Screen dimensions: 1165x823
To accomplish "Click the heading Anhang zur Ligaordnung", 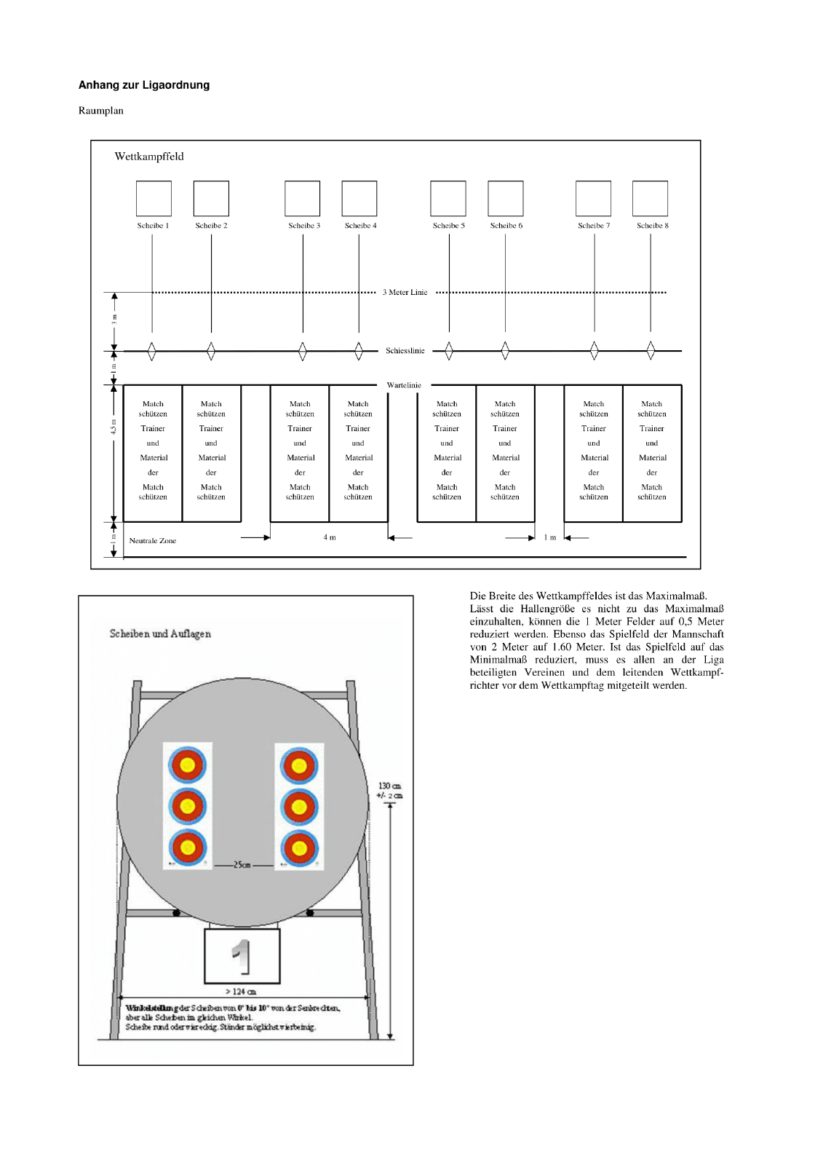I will [144, 85].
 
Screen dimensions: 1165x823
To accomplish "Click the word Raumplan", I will [101, 111].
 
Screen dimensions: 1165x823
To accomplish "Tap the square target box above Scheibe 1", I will [154, 198].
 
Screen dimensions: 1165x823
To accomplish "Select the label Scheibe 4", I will [360, 226].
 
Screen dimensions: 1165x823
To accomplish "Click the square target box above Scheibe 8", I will [650, 198].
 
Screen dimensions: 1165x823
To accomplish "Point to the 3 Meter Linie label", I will [405, 293].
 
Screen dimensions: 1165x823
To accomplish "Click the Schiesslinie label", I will [405, 351].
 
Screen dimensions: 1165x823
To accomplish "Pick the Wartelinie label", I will [404, 385].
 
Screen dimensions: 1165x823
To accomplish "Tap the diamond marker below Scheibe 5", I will [449, 351].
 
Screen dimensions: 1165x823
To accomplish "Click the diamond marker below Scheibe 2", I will [211, 351].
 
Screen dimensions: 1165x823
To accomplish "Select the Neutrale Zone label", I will [153, 541].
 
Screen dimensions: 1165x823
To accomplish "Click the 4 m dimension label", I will [330, 537].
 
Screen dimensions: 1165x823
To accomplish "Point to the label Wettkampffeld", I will [149, 157].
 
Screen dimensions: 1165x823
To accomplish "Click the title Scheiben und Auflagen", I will [160, 633].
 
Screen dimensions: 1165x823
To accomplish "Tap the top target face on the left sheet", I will [188, 765].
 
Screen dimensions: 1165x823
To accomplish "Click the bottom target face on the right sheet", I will [298, 848].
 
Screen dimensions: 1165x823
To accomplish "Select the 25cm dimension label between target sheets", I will [242, 865].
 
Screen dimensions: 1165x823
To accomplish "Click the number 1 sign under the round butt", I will [242, 956].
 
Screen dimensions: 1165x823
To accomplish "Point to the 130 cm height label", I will [389, 786].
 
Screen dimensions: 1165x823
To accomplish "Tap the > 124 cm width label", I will [241, 992].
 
